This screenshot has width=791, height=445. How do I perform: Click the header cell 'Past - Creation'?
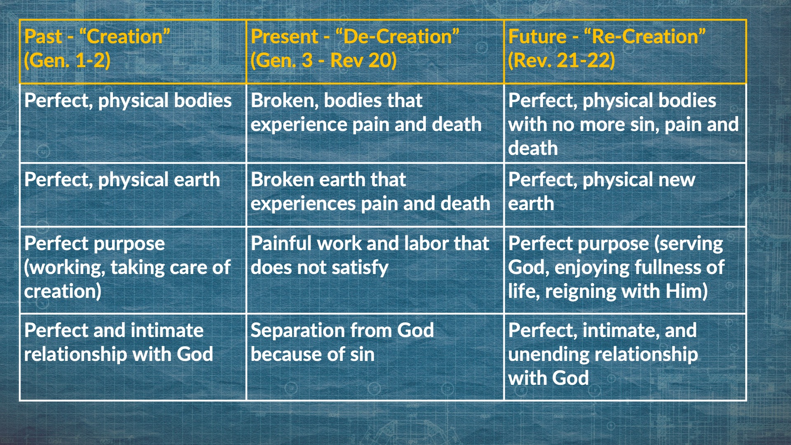coord(133,52)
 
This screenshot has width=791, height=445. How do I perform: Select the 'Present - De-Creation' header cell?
coord(375,52)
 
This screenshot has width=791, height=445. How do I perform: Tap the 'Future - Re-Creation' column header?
coord(625,52)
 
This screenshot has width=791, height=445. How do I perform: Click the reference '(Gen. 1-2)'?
coord(67,61)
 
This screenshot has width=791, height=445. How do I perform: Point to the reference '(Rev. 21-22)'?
coord(562,61)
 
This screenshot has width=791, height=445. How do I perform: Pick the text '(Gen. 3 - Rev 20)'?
coord(323,61)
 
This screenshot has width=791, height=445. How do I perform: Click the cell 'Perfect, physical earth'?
coord(133,195)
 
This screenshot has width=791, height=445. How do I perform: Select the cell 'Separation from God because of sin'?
coord(375,357)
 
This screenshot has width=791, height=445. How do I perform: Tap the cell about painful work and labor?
coord(375,270)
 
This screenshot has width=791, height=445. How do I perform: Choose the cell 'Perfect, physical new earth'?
coord(625,195)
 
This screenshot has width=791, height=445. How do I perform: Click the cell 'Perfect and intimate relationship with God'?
coord(133,357)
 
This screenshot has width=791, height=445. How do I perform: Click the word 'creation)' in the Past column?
coord(63,291)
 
